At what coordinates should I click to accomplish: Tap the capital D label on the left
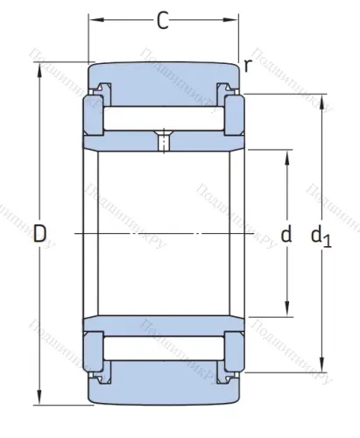click(x=39, y=234)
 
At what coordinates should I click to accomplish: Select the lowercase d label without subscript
click(x=285, y=234)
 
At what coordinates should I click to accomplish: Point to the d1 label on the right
click(x=321, y=236)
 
